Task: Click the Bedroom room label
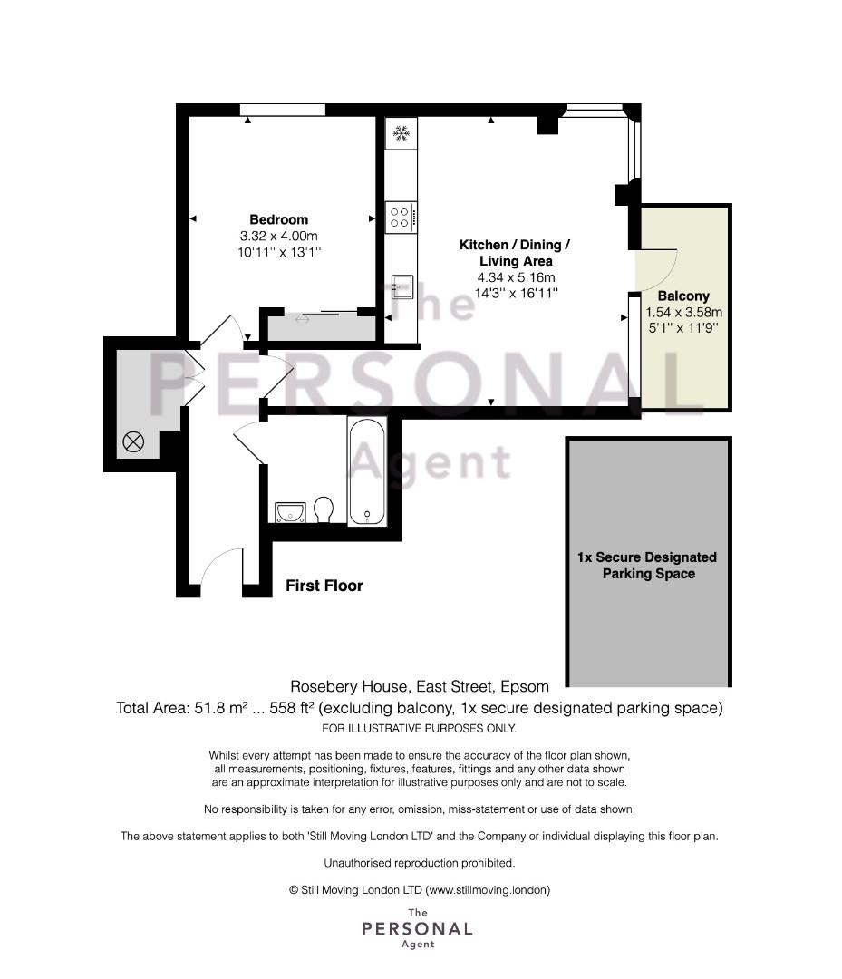pyautogui.click(x=278, y=219)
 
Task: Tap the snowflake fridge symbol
pyautogui.click(x=401, y=133)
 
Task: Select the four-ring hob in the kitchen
pyautogui.click(x=401, y=218)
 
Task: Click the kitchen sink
pyautogui.click(x=402, y=286)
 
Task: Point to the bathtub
pyautogui.click(x=367, y=471)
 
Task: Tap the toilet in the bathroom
pyautogui.click(x=324, y=509)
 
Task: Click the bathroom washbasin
pyautogui.click(x=290, y=512)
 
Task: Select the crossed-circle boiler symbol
pyautogui.click(x=133, y=442)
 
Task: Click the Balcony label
pyautogui.click(x=683, y=296)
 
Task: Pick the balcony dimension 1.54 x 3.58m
pyautogui.click(x=683, y=312)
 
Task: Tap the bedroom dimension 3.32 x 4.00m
pyautogui.click(x=278, y=236)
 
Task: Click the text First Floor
pyautogui.click(x=324, y=586)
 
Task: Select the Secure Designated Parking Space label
pyautogui.click(x=646, y=565)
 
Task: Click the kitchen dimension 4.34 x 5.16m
pyautogui.click(x=517, y=277)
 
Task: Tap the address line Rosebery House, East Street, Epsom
pyautogui.click(x=420, y=687)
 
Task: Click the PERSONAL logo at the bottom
pyautogui.click(x=417, y=929)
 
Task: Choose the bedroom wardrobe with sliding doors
pyautogui.click(x=322, y=326)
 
